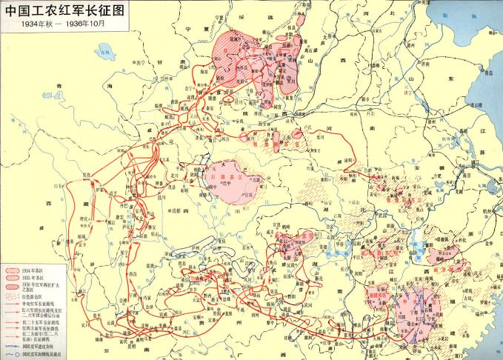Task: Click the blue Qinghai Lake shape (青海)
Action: (105, 51)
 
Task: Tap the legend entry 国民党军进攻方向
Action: (40, 345)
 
